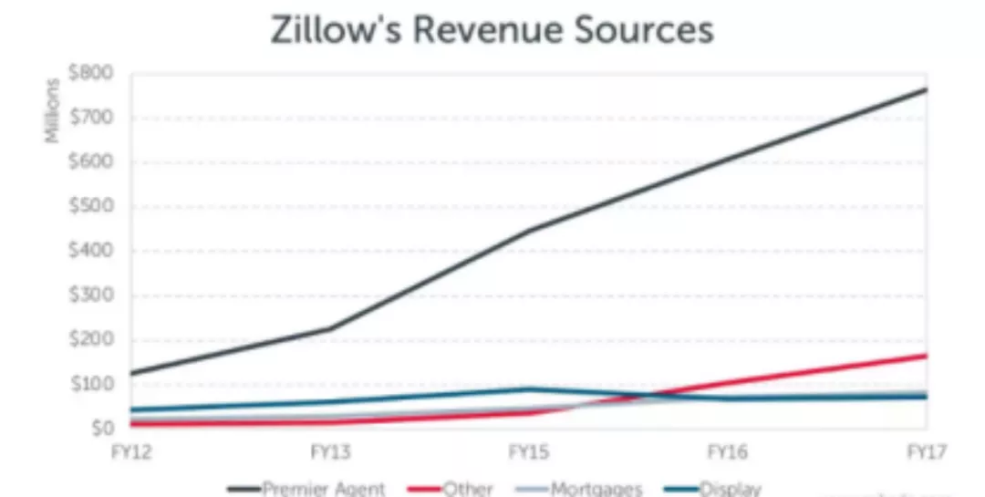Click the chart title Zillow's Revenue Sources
[492, 30]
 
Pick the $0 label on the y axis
[98, 427]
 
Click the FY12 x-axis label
[131, 451]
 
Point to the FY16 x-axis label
[728, 451]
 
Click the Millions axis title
[54, 110]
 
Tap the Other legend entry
[468, 488]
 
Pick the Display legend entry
[731, 488]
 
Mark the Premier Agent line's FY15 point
[529, 229]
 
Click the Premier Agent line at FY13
[330, 328]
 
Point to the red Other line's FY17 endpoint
[926, 356]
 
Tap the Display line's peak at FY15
[529, 389]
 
